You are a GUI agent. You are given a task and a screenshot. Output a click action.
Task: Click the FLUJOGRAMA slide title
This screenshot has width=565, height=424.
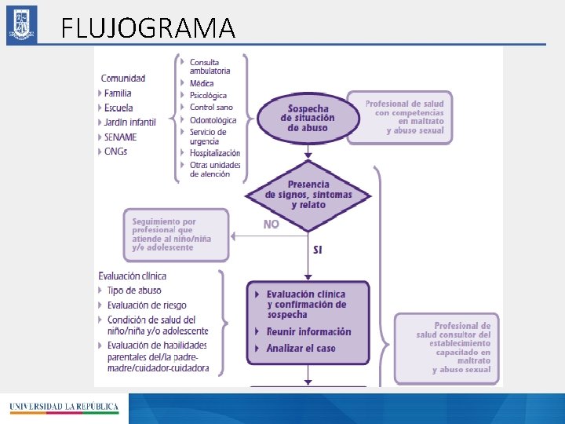pyautogui.click(x=148, y=28)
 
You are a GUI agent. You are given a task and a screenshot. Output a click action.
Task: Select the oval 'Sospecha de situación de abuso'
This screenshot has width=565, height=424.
pyautogui.click(x=308, y=119)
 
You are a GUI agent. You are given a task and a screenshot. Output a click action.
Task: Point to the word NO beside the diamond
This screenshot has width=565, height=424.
pyautogui.click(x=271, y=225)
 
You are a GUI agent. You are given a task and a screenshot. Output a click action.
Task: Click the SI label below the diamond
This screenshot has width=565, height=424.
pyautogui.click(x=317, y=250)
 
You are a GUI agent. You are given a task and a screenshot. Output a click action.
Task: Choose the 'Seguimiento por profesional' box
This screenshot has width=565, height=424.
pyautogui.click(x=177, y=234)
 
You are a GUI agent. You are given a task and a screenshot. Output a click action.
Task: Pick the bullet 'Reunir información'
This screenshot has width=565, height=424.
pyautogui.click(x=308, y=331)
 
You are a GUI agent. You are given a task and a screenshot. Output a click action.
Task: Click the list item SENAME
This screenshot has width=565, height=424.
pyautogui.click(x=119, y=137)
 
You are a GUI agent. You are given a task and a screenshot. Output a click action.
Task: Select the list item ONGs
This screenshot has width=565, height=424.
pyautogui.click(x=115, y=151)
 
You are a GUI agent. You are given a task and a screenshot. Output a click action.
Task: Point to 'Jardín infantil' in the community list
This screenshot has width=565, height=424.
pyautogui.click(x=129, y=122)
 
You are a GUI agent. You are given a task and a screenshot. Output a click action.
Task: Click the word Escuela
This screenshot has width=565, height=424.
pyautogui.click(x=118, y=108)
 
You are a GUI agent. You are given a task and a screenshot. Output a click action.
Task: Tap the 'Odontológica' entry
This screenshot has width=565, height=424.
pyautogui.click(x=213, y=120)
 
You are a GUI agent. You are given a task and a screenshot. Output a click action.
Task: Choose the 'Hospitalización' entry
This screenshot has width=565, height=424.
pyautogui.click(x=214, y=153)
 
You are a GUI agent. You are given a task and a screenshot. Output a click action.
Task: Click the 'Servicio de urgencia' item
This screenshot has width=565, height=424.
pyautogui.click(x=208, y=137)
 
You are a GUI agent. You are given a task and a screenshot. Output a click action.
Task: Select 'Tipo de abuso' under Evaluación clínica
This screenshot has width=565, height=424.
pyautogui.click(x=134, y=291)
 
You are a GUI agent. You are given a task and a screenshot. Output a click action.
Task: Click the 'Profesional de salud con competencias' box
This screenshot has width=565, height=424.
pyautogui.click(x=399, y=117)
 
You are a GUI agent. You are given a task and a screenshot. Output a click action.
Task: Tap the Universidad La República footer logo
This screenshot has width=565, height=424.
pyautogui.click(x=64, y=408)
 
